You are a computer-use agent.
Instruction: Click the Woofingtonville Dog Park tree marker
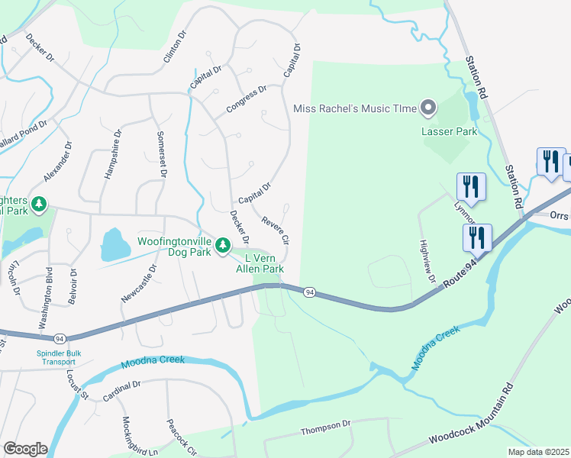(222, 245)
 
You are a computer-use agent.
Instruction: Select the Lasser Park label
(449, 131)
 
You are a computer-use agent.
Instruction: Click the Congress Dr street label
(247, 101)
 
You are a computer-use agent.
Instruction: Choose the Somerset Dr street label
(161, 153)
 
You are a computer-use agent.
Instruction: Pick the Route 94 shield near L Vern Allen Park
(309, 292)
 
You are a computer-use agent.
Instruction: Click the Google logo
(25, 449)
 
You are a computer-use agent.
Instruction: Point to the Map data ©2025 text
(537, 452)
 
